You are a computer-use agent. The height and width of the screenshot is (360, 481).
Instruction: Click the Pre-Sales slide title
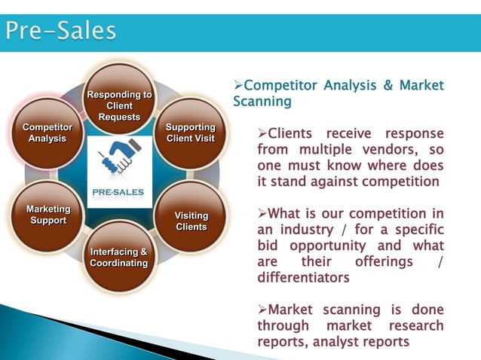tap(62, 31)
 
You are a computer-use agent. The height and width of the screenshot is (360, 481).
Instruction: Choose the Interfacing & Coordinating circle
tap(119, 256)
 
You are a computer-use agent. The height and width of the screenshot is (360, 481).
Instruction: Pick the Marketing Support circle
tap(48, 215)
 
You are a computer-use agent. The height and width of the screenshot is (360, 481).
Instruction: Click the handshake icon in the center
tap(119, 157)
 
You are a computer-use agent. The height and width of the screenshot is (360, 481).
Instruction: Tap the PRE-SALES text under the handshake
tap(119, 191)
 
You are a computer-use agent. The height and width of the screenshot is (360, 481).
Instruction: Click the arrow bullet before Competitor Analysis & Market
tap(238, 85)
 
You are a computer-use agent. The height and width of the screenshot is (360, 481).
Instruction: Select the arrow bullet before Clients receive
tap(262, 134)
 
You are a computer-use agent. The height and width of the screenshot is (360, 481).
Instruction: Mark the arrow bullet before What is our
tap(262, 213)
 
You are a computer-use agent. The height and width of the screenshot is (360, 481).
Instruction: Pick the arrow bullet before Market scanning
tap(262, 310)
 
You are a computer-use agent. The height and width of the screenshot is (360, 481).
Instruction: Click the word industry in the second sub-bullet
tap(308, 230)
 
